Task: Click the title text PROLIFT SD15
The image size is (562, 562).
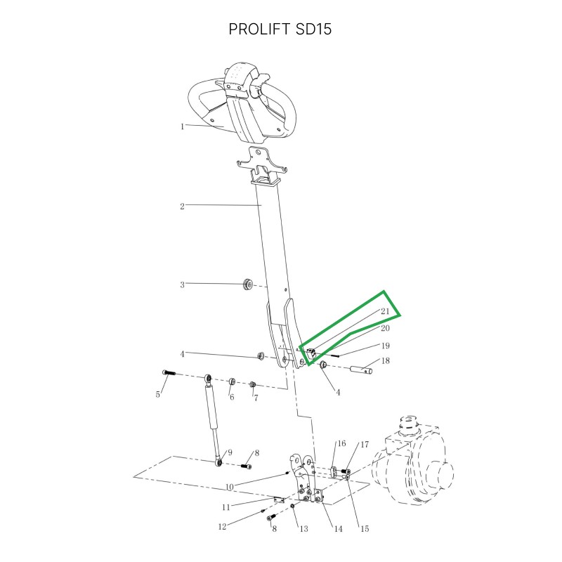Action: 280,29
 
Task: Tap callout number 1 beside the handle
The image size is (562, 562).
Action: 182,126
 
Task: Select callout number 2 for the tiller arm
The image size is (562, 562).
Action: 182,207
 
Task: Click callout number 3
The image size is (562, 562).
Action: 182,285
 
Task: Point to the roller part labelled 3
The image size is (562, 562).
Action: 248,285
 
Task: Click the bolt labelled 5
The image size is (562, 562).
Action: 169,373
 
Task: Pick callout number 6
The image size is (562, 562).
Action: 232,397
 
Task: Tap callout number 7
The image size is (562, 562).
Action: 256,398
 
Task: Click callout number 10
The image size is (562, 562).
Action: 230,487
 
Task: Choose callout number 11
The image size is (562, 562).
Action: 226,507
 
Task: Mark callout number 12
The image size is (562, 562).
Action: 222,526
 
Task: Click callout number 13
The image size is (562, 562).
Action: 304,529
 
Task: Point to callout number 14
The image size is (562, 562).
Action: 339,529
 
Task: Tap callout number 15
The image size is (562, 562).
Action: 365,529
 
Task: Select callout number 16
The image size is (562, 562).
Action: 341,443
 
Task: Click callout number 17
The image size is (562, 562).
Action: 365,445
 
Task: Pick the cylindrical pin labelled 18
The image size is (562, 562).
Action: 361,369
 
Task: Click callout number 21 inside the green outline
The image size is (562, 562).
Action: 385,311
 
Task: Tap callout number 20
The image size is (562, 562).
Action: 385,328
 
